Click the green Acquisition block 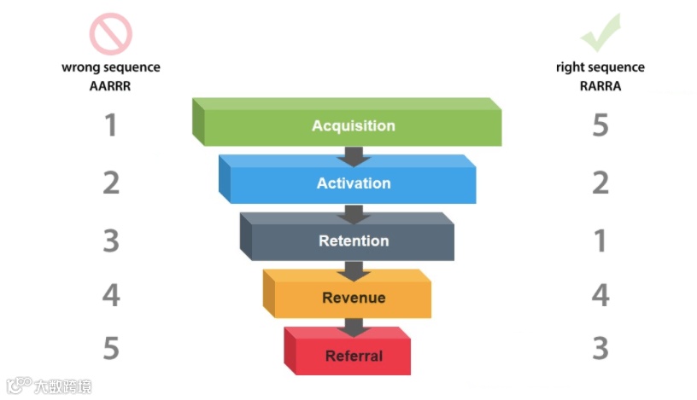pos(353,126)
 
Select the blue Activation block pos(353,183)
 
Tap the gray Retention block pos(353,241)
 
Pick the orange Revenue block pos(353,298)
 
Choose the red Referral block pos(353,355)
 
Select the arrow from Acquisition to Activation pos(353,155)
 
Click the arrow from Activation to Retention pos(353,212)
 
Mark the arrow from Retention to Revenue pos(353,270)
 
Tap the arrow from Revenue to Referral pos(353,327)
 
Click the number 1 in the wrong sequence pos(110,126)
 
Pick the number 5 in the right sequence pos(600,126)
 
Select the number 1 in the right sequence pos(600,241)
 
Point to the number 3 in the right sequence pos(600,348)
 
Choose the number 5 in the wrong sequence pos(110,348)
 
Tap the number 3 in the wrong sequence pos(110,241)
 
